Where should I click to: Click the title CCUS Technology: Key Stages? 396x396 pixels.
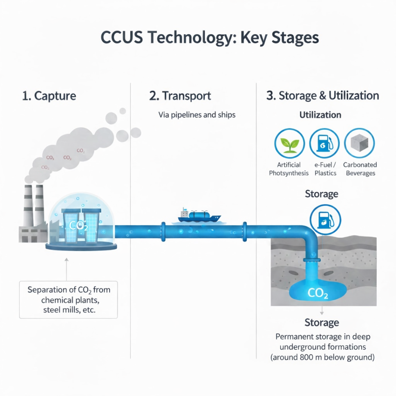click(209, 38)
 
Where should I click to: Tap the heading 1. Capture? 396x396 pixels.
click(49, 96)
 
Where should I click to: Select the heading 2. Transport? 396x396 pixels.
click(180, 96)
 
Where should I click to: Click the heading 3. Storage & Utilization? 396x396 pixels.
click(323, 96)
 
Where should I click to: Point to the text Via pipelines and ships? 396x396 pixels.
click(197, 115)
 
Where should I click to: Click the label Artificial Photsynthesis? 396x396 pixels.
click(289, 169)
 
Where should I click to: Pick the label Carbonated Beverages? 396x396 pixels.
click(360, 169)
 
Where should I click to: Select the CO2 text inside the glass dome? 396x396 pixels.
click(78, 225)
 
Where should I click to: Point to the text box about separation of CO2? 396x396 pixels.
click(69, 300)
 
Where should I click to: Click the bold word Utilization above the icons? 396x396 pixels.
click(320, 115)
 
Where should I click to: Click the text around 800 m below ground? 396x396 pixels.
click(323, 357)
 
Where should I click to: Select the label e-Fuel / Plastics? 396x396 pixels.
click(325, 169)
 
